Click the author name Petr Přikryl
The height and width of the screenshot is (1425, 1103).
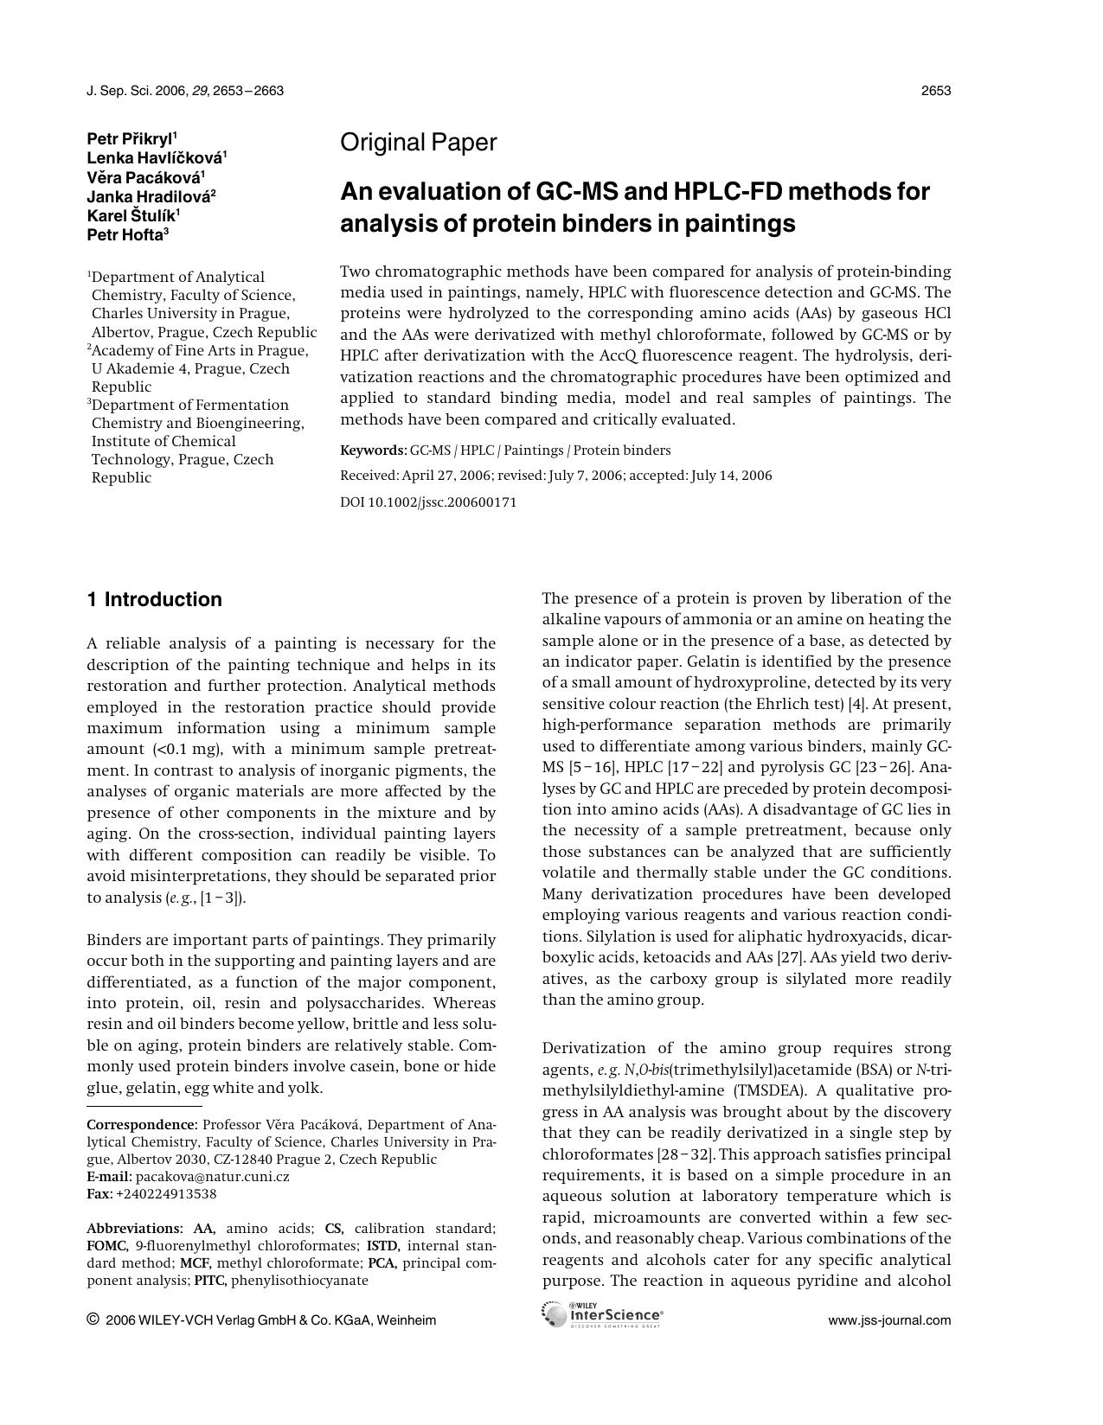(x=130, y=138)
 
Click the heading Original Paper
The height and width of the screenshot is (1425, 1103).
(x=418, y=143)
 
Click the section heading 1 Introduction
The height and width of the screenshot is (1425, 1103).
(x=154, y=600)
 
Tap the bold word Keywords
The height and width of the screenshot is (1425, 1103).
(x=373, y=451)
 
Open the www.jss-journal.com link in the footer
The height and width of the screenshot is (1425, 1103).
(x=889, y=1320)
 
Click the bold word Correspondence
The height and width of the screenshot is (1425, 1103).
(x=142, y=1125)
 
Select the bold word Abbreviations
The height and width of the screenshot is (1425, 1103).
(x=134, y=1229)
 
